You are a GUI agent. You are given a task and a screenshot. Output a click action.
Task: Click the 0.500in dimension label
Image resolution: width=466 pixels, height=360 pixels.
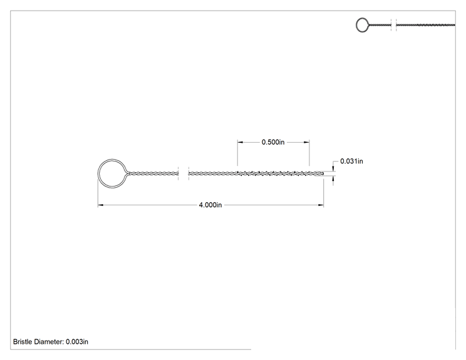click(x=273, y=142)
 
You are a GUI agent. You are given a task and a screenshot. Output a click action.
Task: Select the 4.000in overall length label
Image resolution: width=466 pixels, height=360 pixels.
click(x=210, y=205)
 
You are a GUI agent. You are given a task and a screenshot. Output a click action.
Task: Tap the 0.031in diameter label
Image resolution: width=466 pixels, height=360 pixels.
click(x=351, y=162)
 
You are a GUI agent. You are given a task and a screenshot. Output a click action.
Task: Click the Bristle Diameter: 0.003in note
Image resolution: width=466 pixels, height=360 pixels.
click(x=51, y=342)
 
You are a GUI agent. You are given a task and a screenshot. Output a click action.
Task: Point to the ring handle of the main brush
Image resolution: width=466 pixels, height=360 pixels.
click(x=98, y=173)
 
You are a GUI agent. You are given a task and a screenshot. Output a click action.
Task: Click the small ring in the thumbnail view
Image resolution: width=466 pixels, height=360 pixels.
click(x=356, y=25)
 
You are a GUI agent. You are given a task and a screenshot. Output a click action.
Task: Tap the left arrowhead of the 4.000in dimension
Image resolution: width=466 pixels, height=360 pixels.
click(x=100, y=205)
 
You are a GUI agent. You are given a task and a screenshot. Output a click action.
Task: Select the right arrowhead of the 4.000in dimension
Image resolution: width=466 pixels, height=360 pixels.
click(x=321, y=205)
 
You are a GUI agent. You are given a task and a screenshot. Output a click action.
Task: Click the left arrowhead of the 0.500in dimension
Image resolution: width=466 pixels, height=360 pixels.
click(x=240, y=142)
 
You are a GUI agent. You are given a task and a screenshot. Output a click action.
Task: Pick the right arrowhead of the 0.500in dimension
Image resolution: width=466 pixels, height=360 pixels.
click(x=306, y=142)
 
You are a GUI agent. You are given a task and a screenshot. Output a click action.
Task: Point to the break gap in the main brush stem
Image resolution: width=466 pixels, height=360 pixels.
click(x=184, y=173)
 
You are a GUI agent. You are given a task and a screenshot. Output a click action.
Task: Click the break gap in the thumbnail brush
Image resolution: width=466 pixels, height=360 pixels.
click(x=393, y=25)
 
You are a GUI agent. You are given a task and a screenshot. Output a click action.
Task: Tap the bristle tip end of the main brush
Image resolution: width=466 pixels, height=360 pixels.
click(x=323, y=173)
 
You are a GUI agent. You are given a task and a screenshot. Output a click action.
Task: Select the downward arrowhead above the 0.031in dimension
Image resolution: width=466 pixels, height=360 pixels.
click(x=333, y=168)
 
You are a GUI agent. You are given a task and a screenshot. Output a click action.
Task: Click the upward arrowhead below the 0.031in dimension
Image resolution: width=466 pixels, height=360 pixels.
click(x=333, y=178)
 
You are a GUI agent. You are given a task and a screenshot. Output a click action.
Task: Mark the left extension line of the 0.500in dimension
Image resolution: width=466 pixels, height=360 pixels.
click(x=237, y=153)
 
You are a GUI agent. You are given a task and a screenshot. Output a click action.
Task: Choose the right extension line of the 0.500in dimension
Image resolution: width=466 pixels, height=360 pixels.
click(x=309, y=153)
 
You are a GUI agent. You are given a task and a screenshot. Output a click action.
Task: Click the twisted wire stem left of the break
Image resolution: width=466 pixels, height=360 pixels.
click(x=153, y=173)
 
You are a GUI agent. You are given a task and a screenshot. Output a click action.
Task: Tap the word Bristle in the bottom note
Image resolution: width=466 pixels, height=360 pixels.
click(x=23, y=342)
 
